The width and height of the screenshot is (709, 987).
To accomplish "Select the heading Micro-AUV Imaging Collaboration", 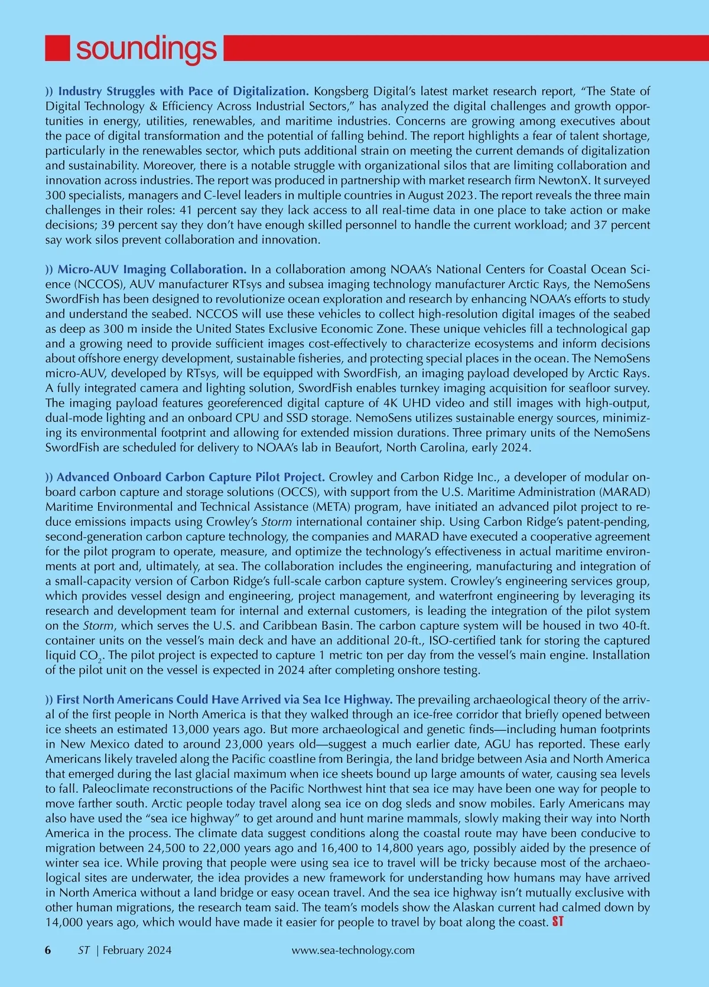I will (152, 269).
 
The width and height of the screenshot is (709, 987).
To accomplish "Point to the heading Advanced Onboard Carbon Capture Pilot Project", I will (190, 477).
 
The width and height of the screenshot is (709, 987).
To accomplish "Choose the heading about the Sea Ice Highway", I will (225, 700).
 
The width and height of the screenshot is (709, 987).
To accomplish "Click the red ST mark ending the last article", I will (557, 921).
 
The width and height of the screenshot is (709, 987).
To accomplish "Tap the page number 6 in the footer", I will (48, 950).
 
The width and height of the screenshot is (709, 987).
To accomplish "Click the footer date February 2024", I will (137, 950).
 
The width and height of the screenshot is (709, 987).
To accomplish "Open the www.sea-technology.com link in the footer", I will (353, 950).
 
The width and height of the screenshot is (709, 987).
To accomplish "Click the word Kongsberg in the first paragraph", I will (342, 91).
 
